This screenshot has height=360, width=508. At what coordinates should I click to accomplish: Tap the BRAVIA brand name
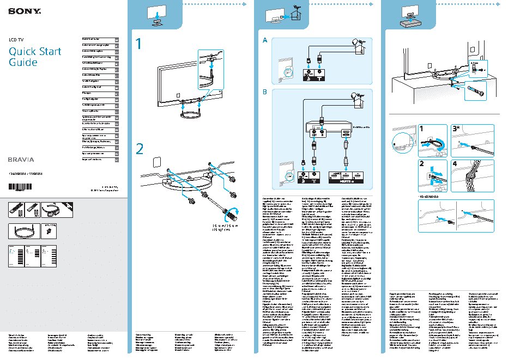(x=21, y=160)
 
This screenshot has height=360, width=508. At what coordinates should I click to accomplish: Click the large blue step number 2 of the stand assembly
(x=140, y=148)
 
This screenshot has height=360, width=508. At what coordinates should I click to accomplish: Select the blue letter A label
(x=265, y=41)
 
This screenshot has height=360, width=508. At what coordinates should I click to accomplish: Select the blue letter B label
(x=265, y=91)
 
